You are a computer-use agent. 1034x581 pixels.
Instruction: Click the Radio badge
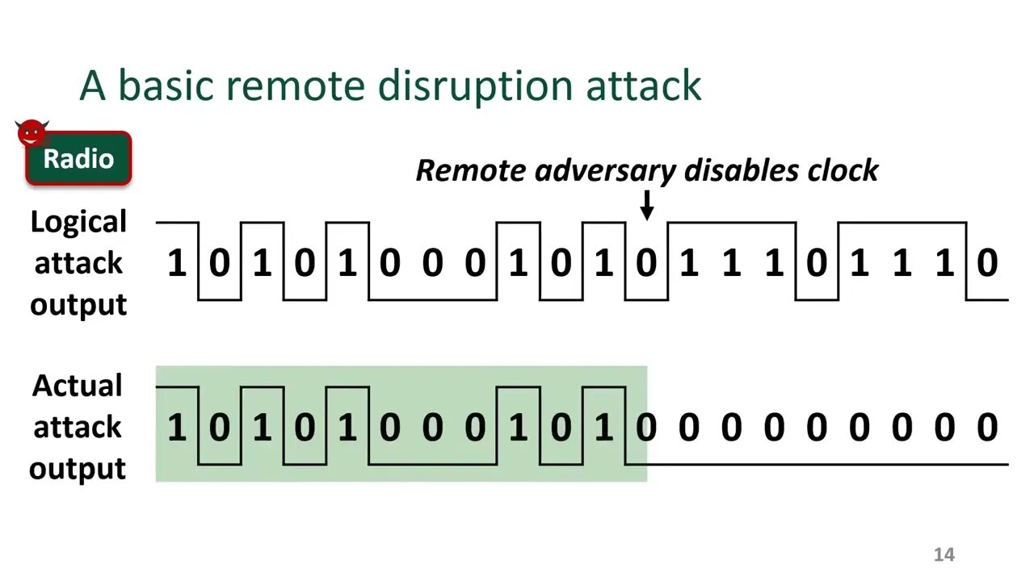click(78, 159)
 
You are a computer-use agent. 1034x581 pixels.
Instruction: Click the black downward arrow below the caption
click(646, 205)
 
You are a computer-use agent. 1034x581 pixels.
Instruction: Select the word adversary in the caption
click(607, 171)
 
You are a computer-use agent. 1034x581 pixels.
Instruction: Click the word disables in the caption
click(732, 170)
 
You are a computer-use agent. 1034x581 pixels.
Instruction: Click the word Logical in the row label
click(78, 222)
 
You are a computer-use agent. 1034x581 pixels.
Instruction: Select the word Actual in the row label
click(78, 386)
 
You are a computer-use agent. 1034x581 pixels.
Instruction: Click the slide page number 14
click(944, 554)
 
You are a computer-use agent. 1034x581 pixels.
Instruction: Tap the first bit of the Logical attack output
click(176, 264)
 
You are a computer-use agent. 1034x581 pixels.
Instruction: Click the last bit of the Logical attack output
click(986, 264)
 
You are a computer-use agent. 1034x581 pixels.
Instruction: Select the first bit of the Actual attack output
click(176, 428)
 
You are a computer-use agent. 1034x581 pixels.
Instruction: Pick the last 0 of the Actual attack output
click(986, 428)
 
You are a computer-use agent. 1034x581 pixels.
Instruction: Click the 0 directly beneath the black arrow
click(645, 264)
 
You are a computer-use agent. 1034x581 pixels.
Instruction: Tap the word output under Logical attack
click(78, 305)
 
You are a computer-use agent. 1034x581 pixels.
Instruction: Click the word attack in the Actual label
click(78, 427)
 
